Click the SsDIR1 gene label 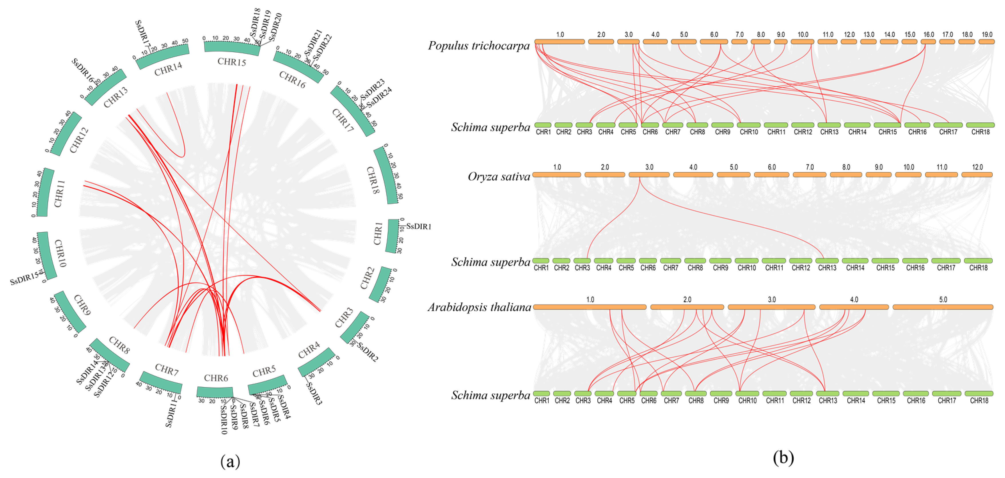[419, 226]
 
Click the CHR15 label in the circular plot [232, 61]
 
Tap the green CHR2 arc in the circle [380, 285]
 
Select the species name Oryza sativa [499, 177]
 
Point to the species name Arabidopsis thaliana [479, 308]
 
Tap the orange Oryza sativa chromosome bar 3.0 [649, 175]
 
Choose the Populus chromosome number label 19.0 [987, 34]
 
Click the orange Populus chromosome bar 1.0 [560, 42]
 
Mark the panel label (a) [230, 462]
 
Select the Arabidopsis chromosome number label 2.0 [687, 299]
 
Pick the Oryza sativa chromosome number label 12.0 [977, 167]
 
